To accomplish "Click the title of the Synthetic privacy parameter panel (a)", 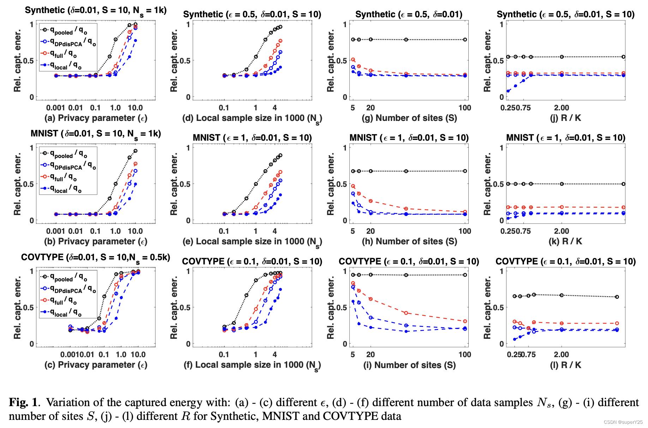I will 95,10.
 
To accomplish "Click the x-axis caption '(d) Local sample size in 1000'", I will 252,118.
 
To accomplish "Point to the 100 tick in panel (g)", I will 465,108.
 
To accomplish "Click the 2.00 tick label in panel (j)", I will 562,108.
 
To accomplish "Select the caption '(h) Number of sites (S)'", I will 409,241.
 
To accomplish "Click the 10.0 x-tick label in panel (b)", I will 135,231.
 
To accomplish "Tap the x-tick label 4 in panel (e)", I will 275,231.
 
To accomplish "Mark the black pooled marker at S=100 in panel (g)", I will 465,39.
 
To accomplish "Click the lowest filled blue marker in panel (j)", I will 508,91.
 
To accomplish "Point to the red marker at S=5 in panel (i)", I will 353,283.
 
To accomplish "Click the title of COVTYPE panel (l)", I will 565,261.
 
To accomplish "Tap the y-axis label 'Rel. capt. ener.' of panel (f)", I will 174,307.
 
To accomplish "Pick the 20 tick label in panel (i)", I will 371,355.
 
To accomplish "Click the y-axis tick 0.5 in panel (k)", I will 498,184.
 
